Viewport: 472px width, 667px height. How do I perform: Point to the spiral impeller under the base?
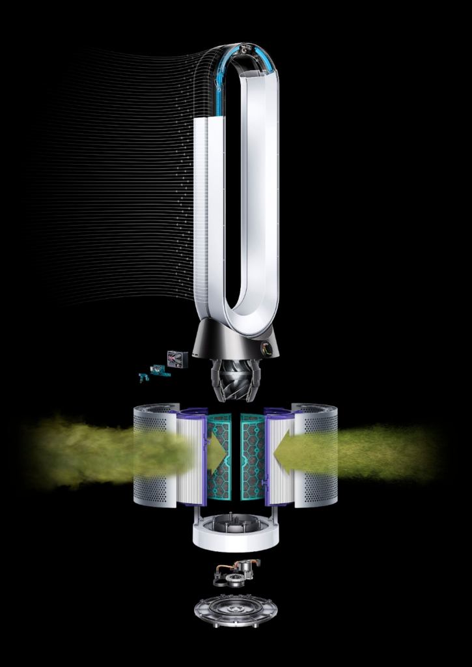(x=236, y=379)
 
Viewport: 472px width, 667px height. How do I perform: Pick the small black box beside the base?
(x=177, y=359)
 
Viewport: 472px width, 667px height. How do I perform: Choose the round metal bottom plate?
(x=236, y=610)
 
